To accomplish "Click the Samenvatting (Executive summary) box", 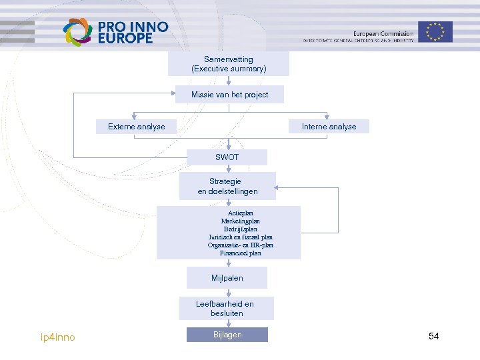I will click(x=229, y=64).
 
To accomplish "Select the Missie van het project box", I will click(x=229, y=95).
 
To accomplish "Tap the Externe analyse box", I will click(x=137, y=127).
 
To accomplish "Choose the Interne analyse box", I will click(x=329, y=127).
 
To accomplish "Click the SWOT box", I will click(x=227, y=157).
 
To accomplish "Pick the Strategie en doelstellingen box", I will click(x=227, y=186).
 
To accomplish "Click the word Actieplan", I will click(x=240, y=213).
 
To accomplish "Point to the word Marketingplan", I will click(x=240, y=221).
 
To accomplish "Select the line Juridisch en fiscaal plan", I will click(x=240, y=237).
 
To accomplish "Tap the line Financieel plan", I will click(x=240, y=253).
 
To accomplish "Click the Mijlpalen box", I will click(x=227, y=277).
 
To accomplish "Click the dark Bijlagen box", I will click(x=227, y=335).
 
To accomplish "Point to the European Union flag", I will click(x=436, y=31).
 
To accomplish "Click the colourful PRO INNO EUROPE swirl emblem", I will click(x=77, y=31).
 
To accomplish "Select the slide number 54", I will click(x=434, y=336).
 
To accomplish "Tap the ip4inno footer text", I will click(x=58, y=337).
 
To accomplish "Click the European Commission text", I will click(x=383, y=33).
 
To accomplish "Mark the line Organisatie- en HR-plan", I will click(x=240, y=245).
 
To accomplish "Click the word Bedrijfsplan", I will click(x=240, y=229).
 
